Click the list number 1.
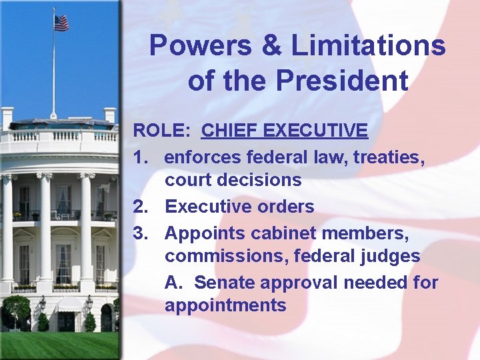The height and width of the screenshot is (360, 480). coord(140,157)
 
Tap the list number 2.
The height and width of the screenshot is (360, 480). coord(141,207)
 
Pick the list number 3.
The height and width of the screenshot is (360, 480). coord(141,233)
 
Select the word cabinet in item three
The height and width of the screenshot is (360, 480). coord(279,233)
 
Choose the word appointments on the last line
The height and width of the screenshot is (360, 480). coord(225,306)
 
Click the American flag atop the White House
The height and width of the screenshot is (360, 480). coord(61,23)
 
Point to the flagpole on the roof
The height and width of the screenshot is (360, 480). coord(53,73)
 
